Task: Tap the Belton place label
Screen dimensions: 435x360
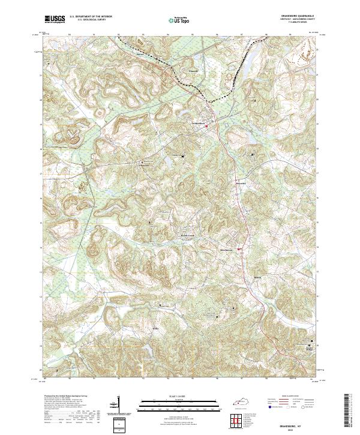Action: (x=258, y=278)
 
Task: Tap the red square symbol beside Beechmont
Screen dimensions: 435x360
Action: (x=239, y=249)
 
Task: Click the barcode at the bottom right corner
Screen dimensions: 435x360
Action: (x=349, y=414)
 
